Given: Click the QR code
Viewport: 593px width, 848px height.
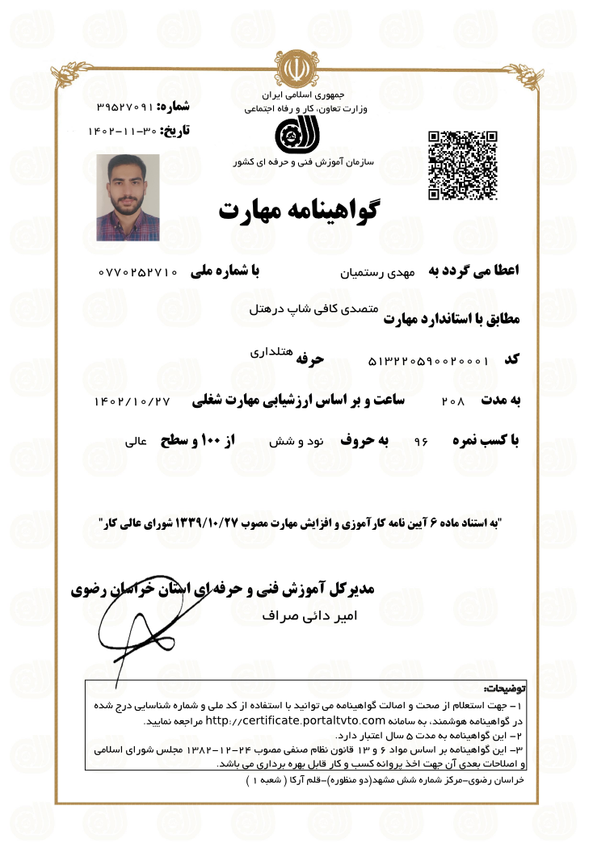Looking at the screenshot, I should click(x=462, y=165).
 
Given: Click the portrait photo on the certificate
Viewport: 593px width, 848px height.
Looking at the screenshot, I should click(x=128, y=198).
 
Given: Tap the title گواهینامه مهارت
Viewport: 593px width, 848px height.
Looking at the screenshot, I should click(x=298, y=210).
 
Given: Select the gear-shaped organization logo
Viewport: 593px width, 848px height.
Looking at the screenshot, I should click(x=291, y=135).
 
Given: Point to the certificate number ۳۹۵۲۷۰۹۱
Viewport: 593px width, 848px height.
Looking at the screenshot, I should click(x=124, y=107).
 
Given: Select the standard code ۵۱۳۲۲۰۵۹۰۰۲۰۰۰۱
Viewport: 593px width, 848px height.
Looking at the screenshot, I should click(x=428, y=361).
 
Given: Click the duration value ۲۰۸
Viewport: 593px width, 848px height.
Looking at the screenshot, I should click(x=454, y=401).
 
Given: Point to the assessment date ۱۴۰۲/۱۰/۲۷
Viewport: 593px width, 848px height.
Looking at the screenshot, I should click(x=133, y=401).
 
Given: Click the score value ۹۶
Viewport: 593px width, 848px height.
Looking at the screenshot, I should click(x=420, y=443).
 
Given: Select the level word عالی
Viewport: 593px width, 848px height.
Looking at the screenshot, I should click(x=135, y=443).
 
